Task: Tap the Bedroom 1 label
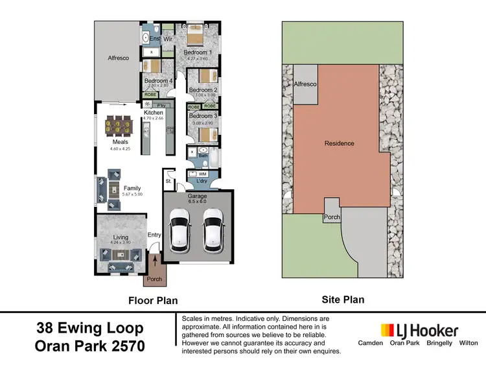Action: (x=198, y=52)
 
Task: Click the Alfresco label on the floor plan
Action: (x=118, y=58)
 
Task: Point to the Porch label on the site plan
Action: (x=332, y=217)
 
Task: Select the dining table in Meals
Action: (x=121, y=125)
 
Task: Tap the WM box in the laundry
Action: (x=202, y=174)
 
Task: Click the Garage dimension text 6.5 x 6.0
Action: (x=197, y=202)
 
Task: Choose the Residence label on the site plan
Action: (x=340, y=143)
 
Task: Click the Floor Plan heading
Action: (x=153, y=300)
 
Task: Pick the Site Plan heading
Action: (x=343, y=300)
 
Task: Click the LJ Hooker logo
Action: (x=419, y=330)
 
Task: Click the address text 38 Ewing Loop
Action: (x=89, y=328)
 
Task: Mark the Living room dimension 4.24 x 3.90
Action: (x=121, y=243)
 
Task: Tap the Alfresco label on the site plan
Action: (x=305, y=84)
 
